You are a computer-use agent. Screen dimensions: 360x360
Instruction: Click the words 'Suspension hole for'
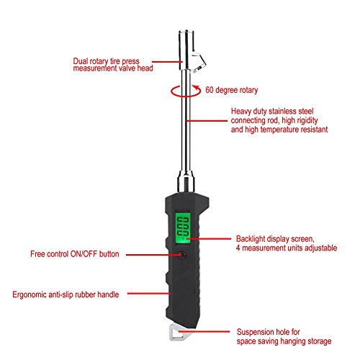267,333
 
